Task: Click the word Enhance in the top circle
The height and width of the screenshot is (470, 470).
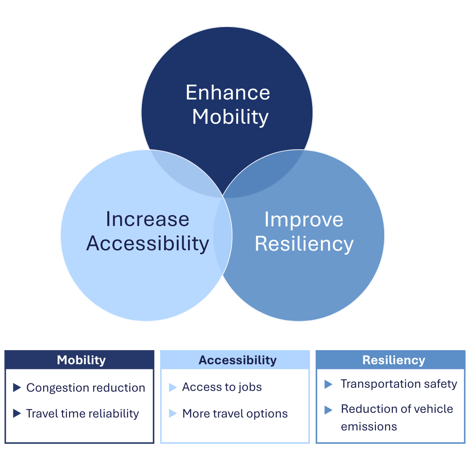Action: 228,92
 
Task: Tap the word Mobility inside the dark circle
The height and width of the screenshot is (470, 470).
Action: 230,117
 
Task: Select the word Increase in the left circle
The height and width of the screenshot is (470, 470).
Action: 148,219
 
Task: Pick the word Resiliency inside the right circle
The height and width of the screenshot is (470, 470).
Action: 304,244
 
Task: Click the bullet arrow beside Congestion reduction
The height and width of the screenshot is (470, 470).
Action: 17,388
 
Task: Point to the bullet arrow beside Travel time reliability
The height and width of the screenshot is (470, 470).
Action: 17,413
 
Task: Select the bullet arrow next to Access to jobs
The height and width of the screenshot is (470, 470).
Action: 173,387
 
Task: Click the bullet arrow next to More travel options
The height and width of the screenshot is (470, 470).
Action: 173,413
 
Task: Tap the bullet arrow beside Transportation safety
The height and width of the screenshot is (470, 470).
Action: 328,384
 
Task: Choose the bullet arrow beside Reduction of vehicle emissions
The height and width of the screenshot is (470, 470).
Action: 328,410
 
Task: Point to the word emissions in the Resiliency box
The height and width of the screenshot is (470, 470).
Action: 369,427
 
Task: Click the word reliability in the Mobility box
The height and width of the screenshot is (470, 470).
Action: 114,414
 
